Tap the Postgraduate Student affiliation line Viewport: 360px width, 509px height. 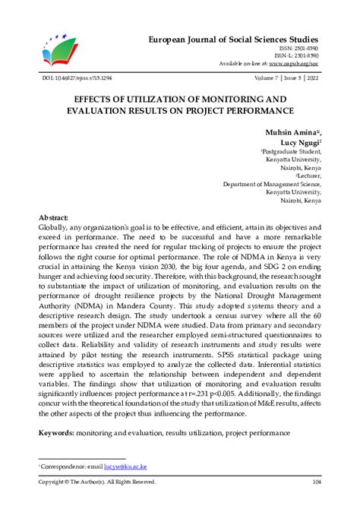(x=290, y=151)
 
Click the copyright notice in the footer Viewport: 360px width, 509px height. (x=97, y=482)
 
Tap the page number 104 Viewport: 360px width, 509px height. (x=315, y=482)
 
